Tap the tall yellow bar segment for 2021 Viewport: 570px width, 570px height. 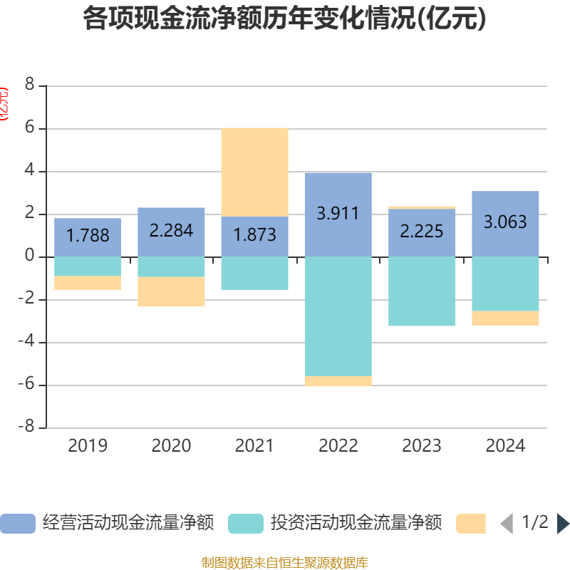coord(254,171)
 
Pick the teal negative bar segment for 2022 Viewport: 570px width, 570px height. coord(338,316)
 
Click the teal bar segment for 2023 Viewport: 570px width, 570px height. coord(422,291)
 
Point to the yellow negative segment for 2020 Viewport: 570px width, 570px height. coord(171,292)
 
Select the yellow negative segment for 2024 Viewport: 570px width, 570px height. coord(505,318)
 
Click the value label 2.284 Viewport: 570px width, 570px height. coord(171,231)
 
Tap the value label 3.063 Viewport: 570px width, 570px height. coord(505,222)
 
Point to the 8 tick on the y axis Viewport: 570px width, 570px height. coord(30,85)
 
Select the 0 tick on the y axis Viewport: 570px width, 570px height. coord(30,256)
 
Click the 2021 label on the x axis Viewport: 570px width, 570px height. coord(254,446)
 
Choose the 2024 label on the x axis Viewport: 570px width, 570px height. coord(505,446)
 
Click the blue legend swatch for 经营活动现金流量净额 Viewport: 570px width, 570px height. coord(17,524)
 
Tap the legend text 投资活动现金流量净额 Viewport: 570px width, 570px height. coord(356,524)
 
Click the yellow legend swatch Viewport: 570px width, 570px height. coord(470,524)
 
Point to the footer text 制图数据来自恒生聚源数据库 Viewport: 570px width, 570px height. coord(285,563)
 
